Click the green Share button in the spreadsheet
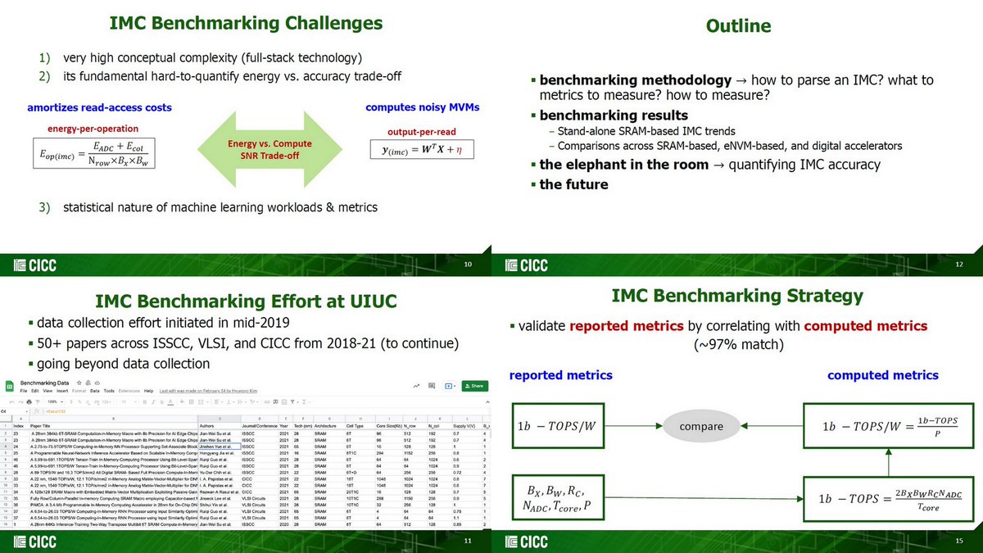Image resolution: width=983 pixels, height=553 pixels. [474, 386]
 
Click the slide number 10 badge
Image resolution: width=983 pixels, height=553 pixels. [468, 265]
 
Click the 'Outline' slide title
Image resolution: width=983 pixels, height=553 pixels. [737, 26]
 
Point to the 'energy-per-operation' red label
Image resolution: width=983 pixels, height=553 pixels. [93, 128]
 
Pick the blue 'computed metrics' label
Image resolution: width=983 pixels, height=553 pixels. [882, 375]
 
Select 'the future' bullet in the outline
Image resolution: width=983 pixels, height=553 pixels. [573, 184]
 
